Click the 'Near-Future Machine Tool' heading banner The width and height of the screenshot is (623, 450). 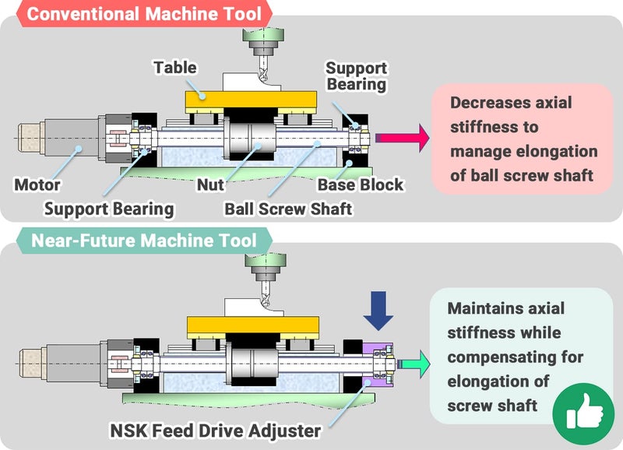tap(143, 241)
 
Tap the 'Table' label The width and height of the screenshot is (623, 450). tap(174, 67)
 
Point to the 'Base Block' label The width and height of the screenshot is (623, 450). tap(361, 185)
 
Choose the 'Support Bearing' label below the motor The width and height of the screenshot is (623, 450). tap(109, 209)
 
